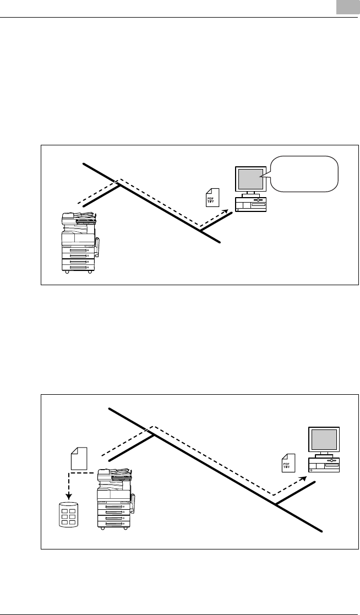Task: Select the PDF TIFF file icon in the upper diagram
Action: click(x=212, y=197)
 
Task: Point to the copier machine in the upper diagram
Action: click(x=79, y=242)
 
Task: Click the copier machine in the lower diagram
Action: click(x=115, y=498)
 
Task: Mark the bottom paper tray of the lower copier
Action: click(x=113, y=524)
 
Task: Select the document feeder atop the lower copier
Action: click(x=114, y=472)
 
